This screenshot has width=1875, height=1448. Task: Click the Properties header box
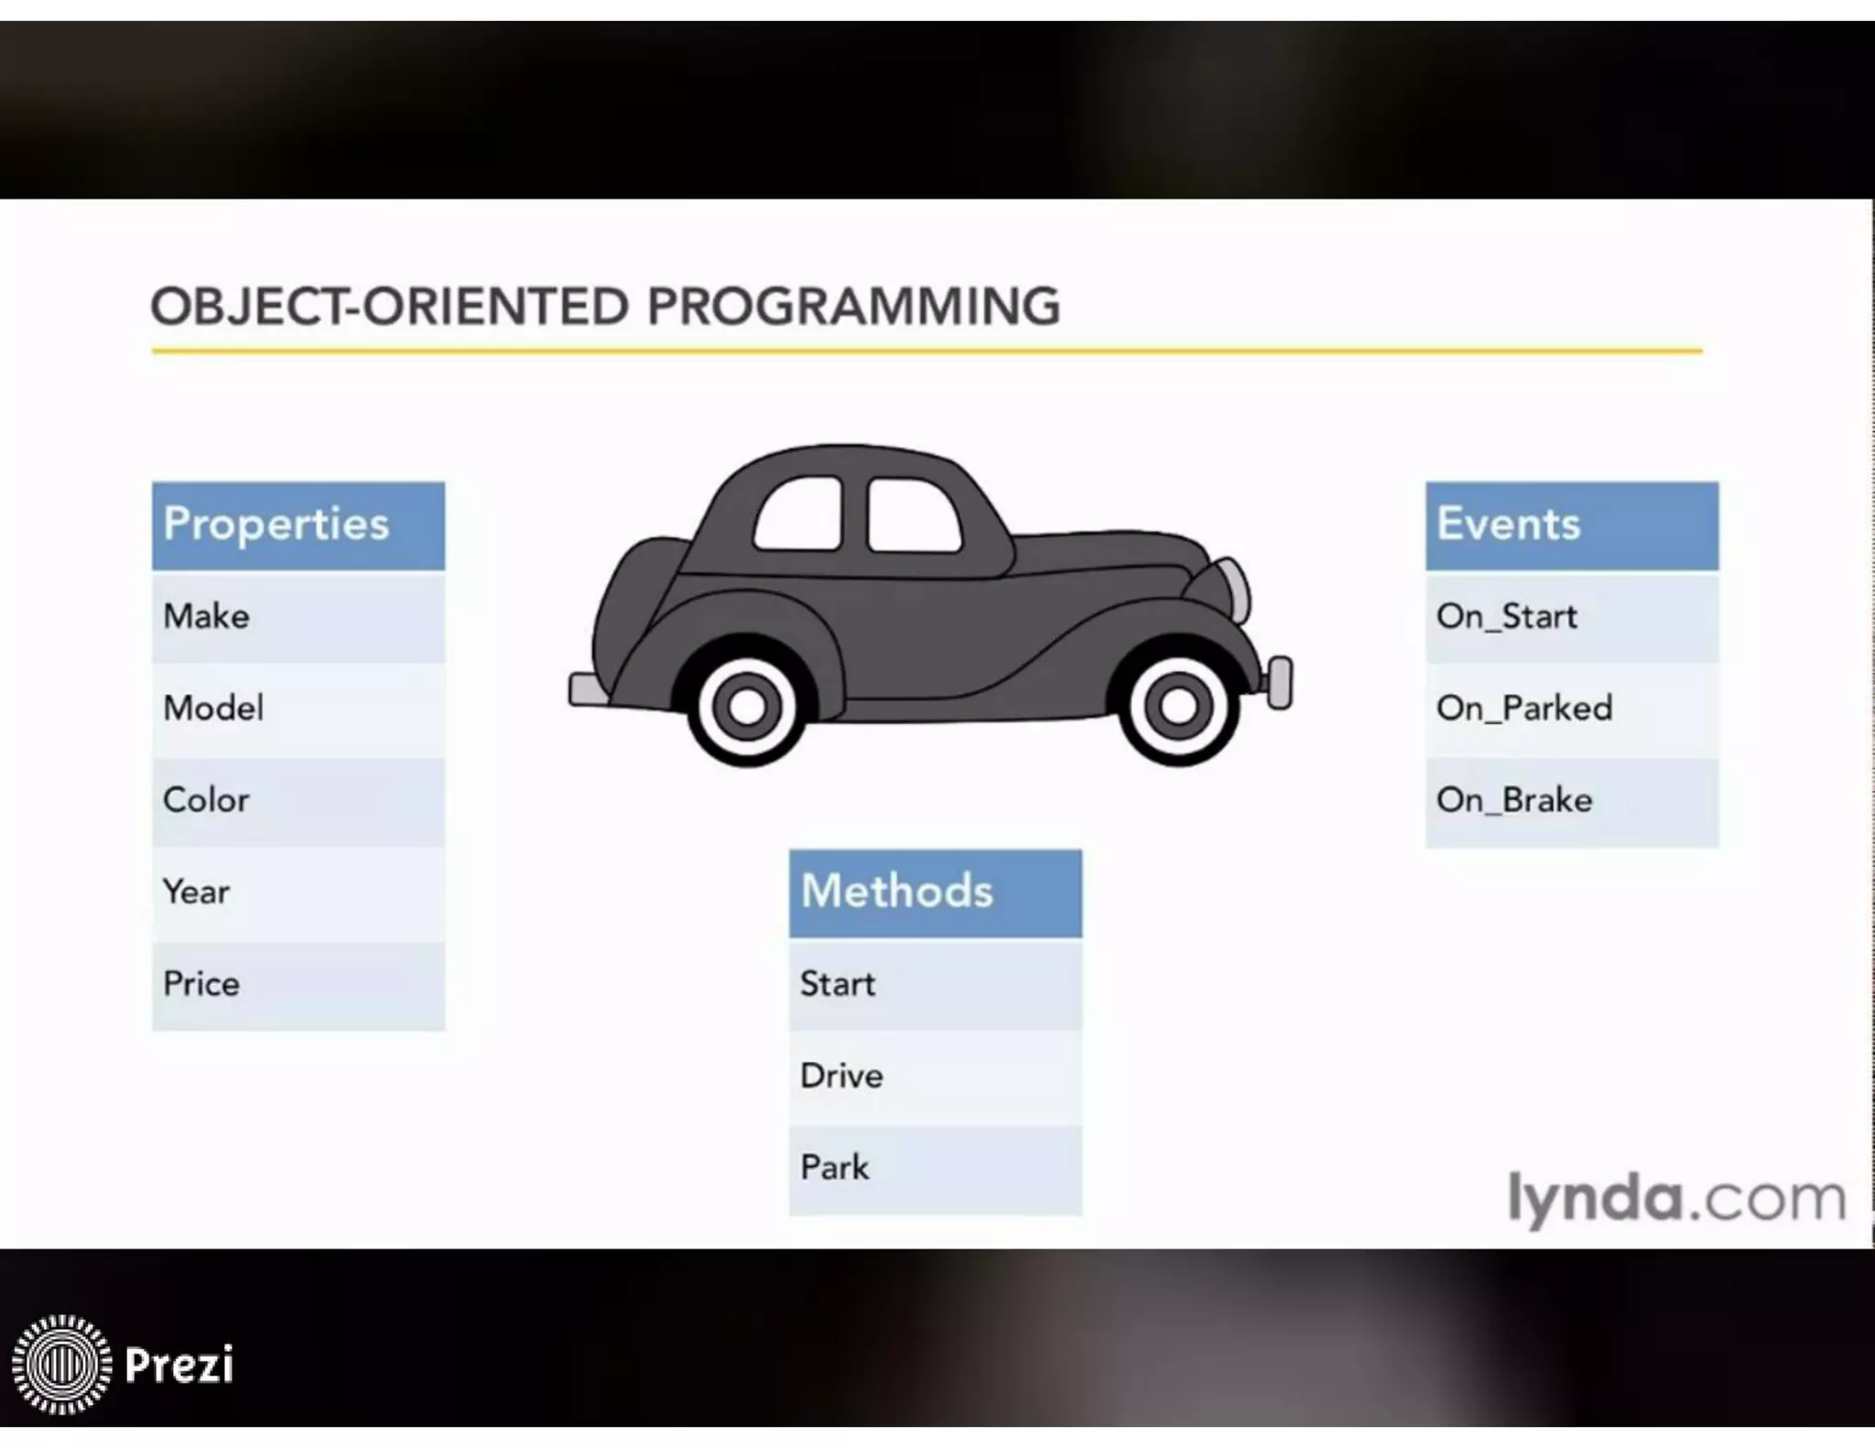coord(298,525)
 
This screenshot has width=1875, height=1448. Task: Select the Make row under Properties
coord(298,617)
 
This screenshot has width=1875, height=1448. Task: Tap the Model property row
coord(298,708)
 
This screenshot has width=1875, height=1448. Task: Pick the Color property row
coord(298,801)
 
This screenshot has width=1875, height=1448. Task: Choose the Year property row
coord(298,892)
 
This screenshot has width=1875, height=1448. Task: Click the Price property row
coord(298,985)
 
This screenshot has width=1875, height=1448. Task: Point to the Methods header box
coord(935,892)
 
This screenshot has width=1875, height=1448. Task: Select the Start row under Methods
coord(935,985)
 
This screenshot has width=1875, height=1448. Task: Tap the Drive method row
coord(935,1076)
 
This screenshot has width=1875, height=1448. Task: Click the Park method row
coord(935,1169)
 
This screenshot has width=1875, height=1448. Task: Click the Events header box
coord(1571,525)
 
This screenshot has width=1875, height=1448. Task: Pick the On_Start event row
coord(1571,617)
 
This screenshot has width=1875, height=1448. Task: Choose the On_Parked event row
coord(1571,708)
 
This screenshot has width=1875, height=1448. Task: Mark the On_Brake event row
coord(1571,801)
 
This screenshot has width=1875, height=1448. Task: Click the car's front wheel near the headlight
coord(1177,706)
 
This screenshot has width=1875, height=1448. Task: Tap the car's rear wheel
coord(747,706)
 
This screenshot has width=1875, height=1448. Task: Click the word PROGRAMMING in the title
coord(853,307)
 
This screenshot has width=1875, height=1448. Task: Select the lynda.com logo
coord(1675,1199)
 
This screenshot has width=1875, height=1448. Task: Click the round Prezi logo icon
coord(61,1364)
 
